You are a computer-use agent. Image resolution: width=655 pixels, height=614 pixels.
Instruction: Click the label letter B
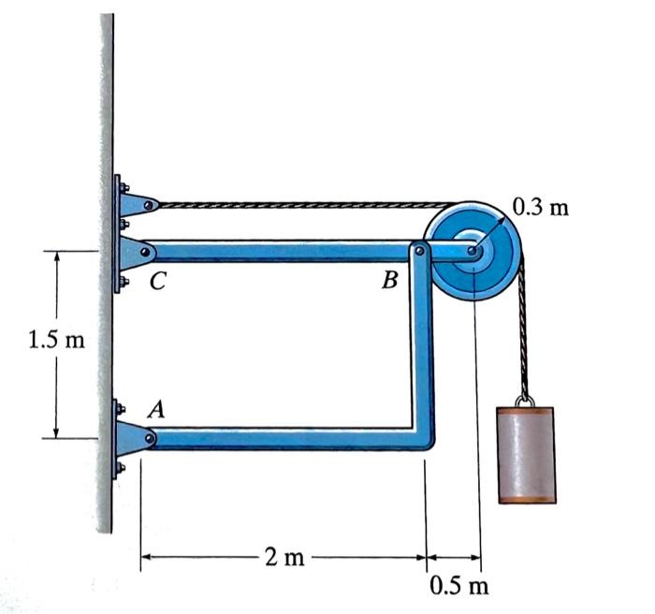(390, 279)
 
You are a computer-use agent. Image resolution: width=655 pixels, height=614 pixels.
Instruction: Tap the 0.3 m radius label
(541, 207)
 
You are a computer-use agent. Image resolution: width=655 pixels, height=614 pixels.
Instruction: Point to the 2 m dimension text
(284, 559)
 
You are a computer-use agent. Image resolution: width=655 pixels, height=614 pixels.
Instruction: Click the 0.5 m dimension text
(459, 588)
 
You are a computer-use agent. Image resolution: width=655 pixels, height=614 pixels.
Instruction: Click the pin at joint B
(420, 250)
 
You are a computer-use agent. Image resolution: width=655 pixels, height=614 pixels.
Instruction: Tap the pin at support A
(149, 437)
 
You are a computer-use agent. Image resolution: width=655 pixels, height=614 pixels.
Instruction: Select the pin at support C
(149, 251)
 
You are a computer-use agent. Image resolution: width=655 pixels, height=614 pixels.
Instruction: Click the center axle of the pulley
(475, 251)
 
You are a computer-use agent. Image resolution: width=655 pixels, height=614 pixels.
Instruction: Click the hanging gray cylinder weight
(527, 455)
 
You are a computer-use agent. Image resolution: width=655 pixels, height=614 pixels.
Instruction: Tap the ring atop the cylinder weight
(526, 401)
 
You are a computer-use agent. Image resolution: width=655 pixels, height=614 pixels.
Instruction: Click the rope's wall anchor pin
(150, 203)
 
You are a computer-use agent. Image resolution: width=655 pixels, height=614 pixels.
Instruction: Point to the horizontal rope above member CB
(299, 203)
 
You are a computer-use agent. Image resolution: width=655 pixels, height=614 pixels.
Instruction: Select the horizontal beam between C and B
(281, 251)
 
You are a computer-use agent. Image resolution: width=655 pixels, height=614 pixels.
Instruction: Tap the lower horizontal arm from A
(281, 438)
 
